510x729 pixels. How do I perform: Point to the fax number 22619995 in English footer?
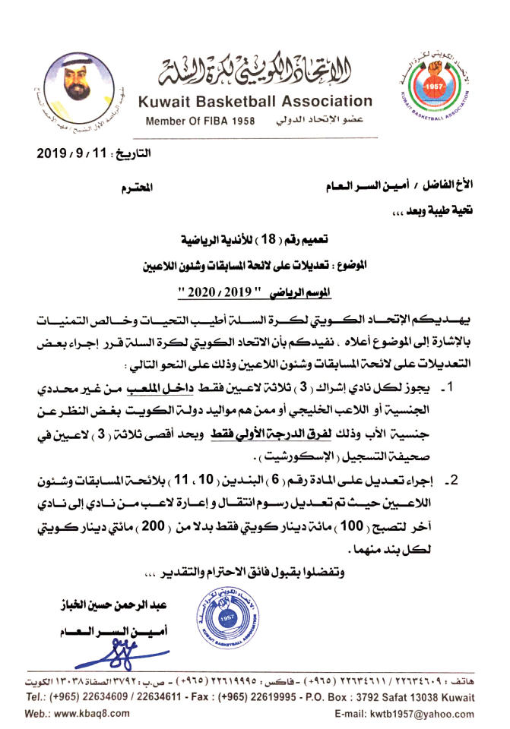pyautogui.click(x=236, y=697)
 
